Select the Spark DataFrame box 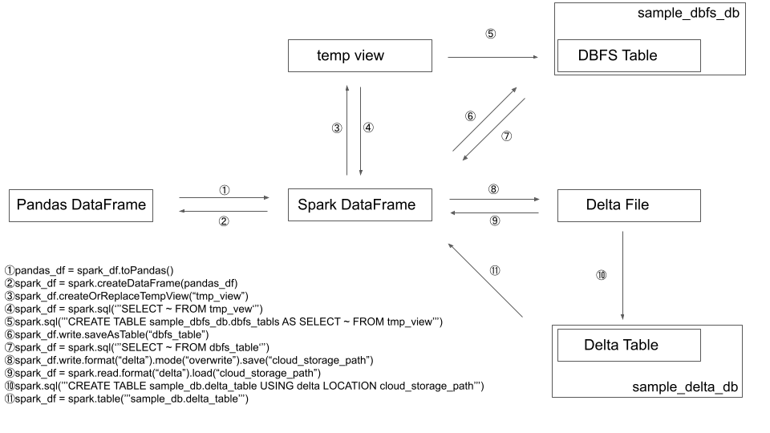click(x=360, y=205)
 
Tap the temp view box click(x=360, y=56)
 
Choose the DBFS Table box click(x=629, y=56)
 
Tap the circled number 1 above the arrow click(x=225, y=190)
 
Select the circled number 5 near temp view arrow click(x=491, y=34)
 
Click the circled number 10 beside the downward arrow click(x=601, y=275)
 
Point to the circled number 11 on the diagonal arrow click(x=495, y=270)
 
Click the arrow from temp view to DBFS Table click(x=492, y=57)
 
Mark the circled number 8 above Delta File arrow click(x=494, y=190)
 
